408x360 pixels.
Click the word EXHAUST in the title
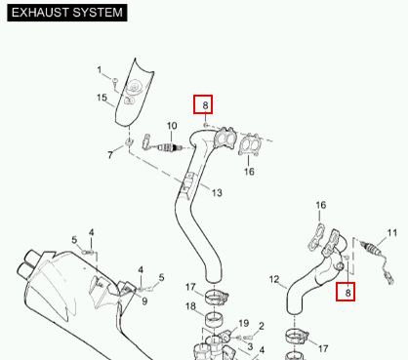pos(40,13)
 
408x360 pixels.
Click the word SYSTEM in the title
pos(98,13)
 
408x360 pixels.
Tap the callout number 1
pos(100,70)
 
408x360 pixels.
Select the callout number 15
pos(102,98)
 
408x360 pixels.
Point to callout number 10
pos(172,126)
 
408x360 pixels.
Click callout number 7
pos(110,155)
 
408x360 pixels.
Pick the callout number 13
pos(217,193)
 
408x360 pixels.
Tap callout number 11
pos(392,233)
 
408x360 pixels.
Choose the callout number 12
pos(274,279)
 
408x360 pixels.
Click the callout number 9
pos(144,301)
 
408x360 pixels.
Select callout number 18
pos(191,306)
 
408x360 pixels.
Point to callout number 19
pos(244,323)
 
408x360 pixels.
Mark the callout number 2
pos(262,326)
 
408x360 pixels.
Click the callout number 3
pos(250,346)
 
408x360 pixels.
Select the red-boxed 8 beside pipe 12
pos(346,292)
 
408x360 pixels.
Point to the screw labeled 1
pos(115,82)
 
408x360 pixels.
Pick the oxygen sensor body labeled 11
pos(371,249)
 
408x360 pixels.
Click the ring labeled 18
pos(213,318)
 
